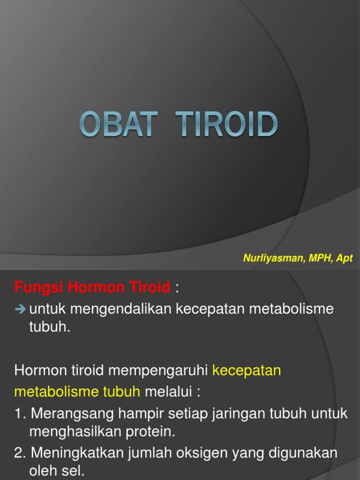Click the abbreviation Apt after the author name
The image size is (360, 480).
(x=344, y=258)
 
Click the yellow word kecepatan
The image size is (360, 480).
(x=247, y=370)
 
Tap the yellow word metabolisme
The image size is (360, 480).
(x=56, y=392)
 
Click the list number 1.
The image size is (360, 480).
(x=19, y=413)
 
